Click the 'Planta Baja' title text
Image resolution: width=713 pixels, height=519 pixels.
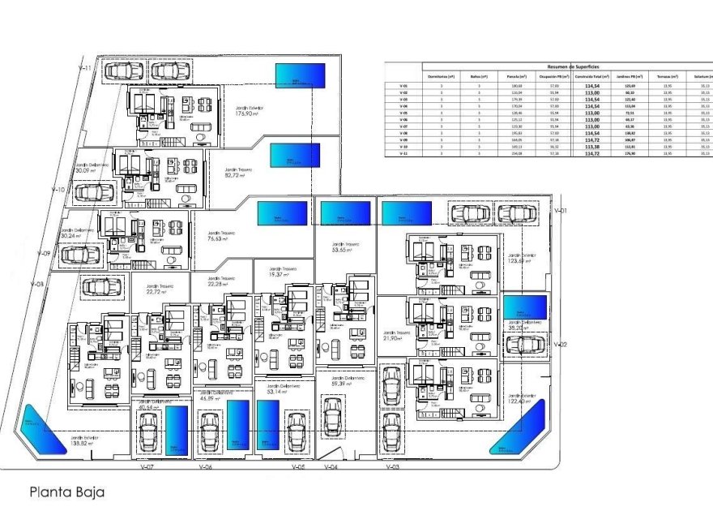(67, 491)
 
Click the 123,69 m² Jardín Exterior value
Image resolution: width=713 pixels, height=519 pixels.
(523, 262)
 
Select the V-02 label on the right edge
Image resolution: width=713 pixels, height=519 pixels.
(559, 345)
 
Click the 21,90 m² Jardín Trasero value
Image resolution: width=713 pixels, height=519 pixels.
(396, 337)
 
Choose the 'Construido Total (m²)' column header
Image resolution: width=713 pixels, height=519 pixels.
(592, 76)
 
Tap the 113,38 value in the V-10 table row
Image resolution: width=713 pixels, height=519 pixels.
(592, 147)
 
